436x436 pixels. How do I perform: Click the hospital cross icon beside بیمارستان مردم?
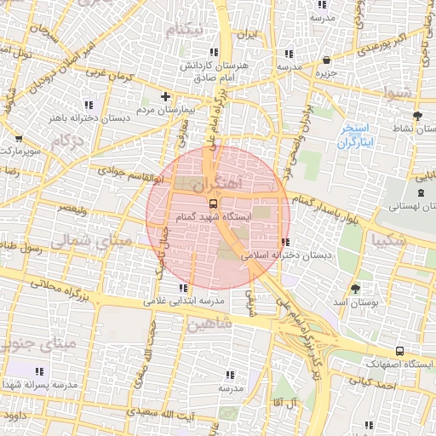(x=165, y=97)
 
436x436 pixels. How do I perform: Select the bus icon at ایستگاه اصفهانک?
(x=399, y=350)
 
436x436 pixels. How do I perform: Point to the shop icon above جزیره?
(x=327, y=60)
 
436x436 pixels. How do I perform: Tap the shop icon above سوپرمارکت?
(x=19, y=137)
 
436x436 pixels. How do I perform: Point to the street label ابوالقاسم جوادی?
(x=131, y=174)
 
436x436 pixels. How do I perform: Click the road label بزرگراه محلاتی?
(x=62, y=287)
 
